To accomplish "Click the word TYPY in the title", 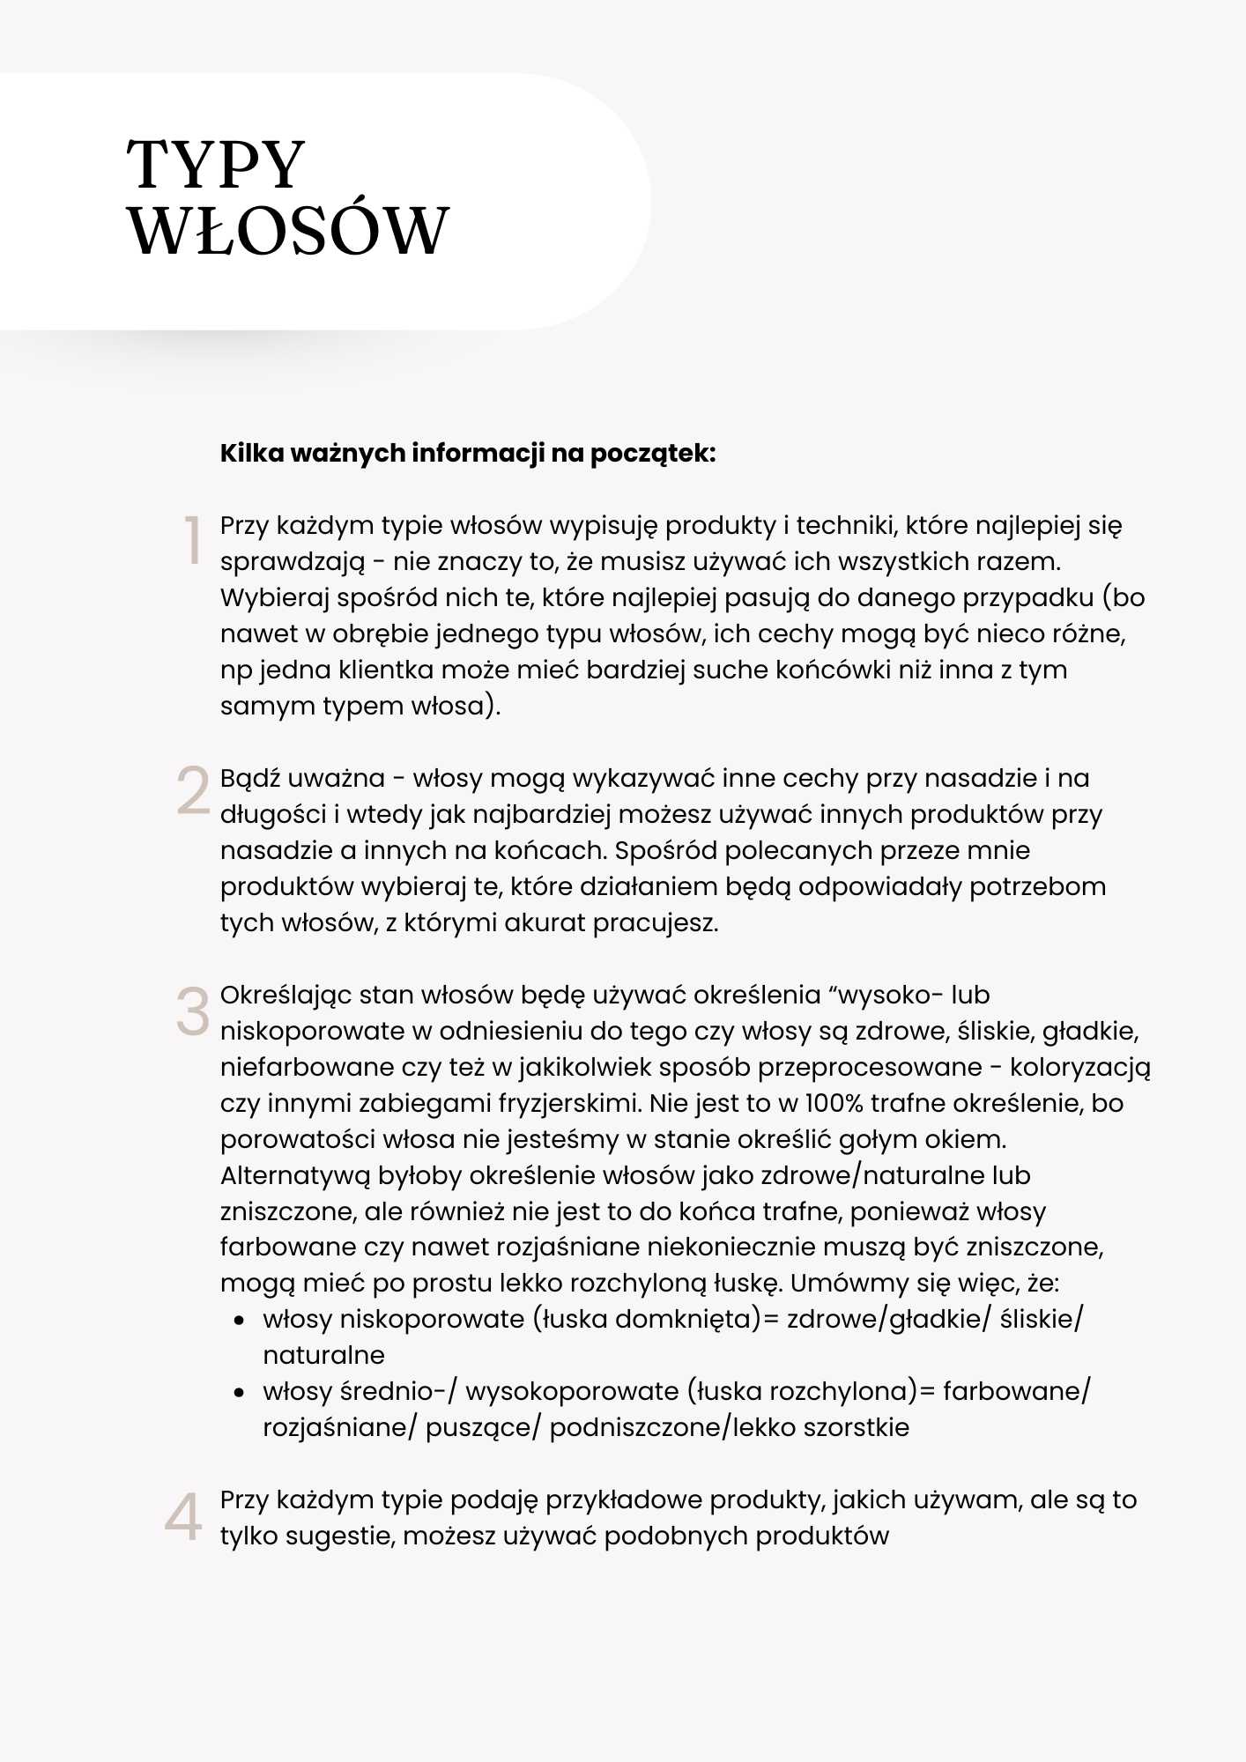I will pos(216,165).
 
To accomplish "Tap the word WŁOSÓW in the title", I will pos(288,231).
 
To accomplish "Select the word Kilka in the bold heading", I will pos(252,453).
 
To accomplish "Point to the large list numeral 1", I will pos(192,540).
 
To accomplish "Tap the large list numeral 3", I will pos(193,1011).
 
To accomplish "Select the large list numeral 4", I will pos(183,1517).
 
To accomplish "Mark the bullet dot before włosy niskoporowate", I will pos(239,1321).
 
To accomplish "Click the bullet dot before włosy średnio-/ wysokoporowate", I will pos(239,1393).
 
